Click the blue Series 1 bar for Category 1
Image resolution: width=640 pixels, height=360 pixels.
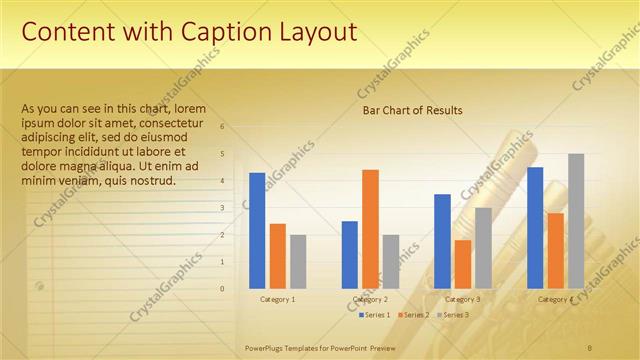(257, 231)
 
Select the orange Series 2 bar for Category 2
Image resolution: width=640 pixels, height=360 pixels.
(370, 229)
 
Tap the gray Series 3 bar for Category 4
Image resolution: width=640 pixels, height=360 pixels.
(576, 221)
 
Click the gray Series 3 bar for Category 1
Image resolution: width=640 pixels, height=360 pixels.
(298, 262)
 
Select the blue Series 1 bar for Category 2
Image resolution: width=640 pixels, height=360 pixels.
(350, 255)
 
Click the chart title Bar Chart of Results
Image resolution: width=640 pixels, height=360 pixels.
(412, 111)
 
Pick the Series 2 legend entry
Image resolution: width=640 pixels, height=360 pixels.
(413, 315)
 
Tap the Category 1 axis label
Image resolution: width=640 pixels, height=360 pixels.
(277, 299)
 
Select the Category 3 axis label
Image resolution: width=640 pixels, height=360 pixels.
(462, 299)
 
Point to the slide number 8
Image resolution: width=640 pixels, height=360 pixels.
(590, 347)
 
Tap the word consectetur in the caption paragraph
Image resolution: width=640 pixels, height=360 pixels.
(176, 123)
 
